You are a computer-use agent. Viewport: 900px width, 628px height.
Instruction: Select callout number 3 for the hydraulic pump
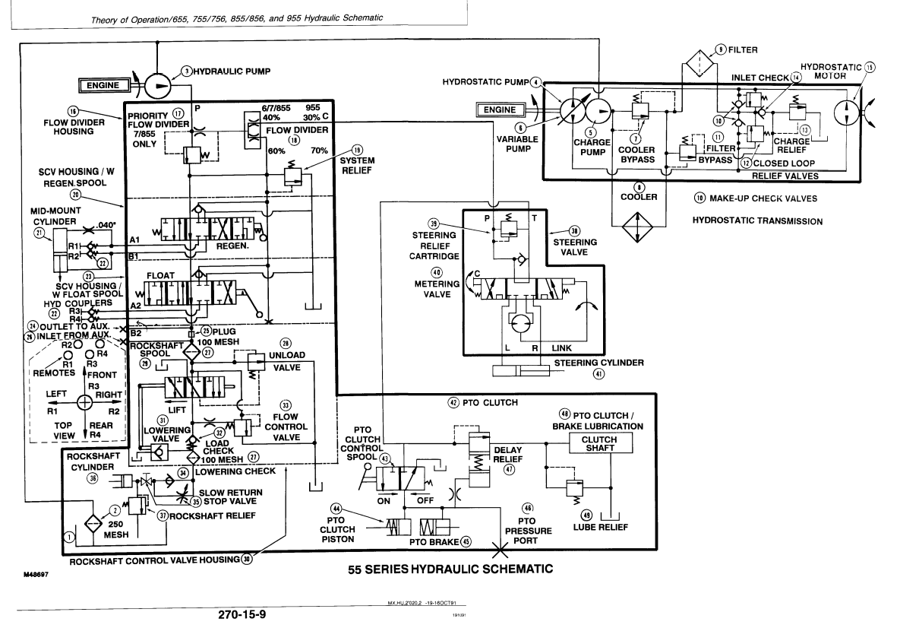[185, 71]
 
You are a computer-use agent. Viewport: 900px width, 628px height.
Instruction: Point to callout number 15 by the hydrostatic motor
[870, 66]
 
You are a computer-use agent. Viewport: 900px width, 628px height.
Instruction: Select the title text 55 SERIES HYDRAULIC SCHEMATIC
[447, 569]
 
